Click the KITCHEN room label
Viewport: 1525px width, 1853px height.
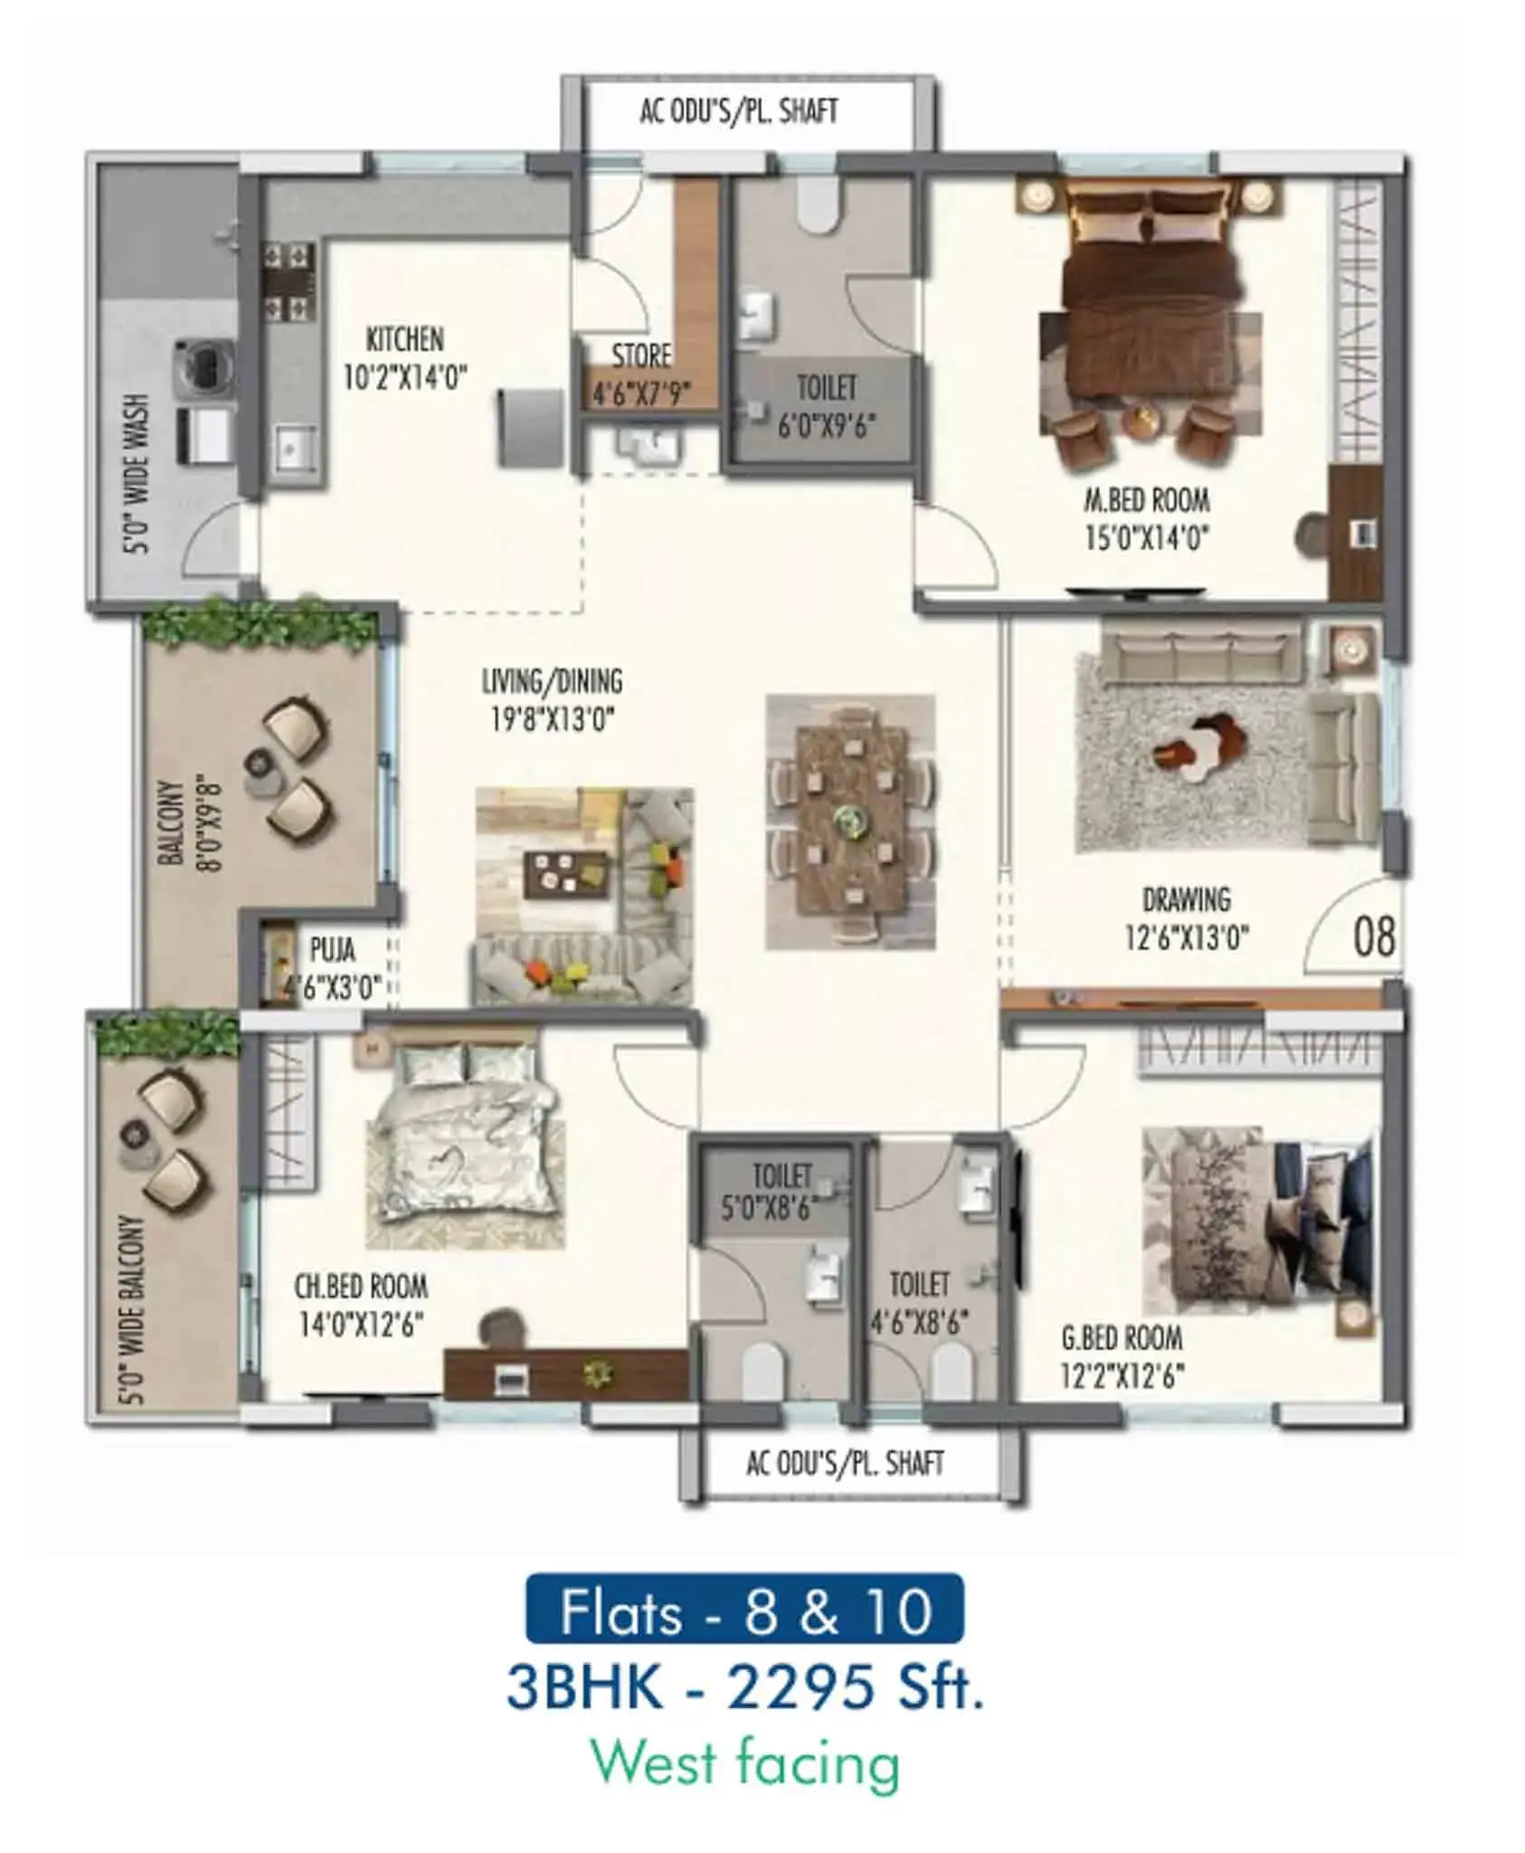pos(404,339)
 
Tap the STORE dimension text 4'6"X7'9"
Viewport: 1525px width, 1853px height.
pos(641,394)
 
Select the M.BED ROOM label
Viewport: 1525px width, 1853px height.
pos(1147,499)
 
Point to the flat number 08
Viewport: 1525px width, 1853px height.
pos(1373,936)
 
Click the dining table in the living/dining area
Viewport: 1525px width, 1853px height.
pos(850,822)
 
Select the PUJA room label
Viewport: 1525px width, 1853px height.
pos(332,949)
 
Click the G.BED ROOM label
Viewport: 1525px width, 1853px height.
pos(1122,1337)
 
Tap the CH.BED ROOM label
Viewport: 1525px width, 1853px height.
pos(361,1286)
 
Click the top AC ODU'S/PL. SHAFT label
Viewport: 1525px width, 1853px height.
pos(739,110)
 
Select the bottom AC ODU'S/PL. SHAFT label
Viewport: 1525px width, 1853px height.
pos(845,1463)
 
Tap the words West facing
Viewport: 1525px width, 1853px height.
pos(745,1763)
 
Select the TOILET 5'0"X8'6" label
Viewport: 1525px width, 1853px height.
pos(782,1190)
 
